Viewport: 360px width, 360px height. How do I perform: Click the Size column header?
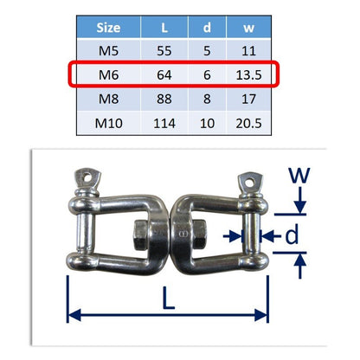(x=108, y=28)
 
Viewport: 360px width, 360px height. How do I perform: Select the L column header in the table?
(x=164, y=28)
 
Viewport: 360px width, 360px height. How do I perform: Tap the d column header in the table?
(x=207, y=28)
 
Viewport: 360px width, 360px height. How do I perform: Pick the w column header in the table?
(x=248, y=29)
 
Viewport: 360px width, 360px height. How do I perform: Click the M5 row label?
(x=108, y=51)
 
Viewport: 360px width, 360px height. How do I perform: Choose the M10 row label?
(x=108, y=124)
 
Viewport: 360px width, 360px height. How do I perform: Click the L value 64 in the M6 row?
(x=164, y=75)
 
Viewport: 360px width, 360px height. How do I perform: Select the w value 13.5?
(x=248, y=75)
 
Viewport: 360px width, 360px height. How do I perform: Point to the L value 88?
(x=164, y=100)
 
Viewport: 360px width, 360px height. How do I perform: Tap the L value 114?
(x=164, y=124)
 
